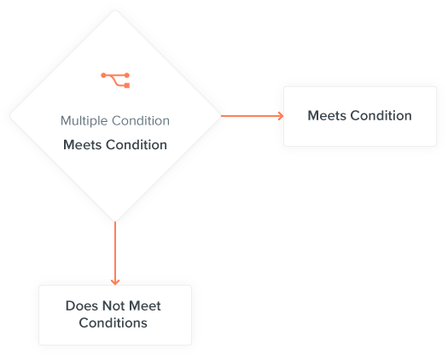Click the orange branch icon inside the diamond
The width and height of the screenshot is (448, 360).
click(115, 80)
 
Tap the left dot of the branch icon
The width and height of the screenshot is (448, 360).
click(103, 75)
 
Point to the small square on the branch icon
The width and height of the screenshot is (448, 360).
click(127, 85)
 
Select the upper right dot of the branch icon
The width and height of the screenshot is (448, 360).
click(127, 75)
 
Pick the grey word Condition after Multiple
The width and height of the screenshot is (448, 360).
click(141, 120)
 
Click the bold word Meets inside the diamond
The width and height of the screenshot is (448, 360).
click(83, 145)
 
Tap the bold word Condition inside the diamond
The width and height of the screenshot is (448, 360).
click(137, 145)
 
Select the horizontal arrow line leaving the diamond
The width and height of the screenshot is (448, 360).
click(253, 116)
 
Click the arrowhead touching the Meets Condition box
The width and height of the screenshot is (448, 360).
click(281, 116)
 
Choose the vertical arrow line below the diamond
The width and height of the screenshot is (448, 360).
click(115, 253)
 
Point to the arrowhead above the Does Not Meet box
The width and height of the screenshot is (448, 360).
click(115, 282)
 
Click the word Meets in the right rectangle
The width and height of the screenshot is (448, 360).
click(327, 116)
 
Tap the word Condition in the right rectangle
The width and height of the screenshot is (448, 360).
click(381, 116)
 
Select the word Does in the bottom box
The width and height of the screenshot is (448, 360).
click(82, 306)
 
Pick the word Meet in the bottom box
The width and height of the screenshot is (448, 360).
click(145, 306)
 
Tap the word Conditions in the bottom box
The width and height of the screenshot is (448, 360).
click(113, 323)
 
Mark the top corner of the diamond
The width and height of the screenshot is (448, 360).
click(115, 10)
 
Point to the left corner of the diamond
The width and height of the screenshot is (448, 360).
click(10, 116)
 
